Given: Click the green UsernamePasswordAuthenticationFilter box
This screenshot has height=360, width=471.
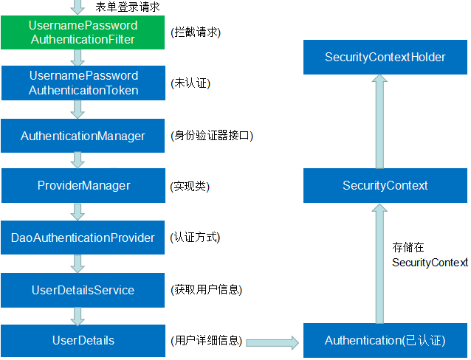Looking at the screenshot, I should pyautogui.click(x=83, y=32).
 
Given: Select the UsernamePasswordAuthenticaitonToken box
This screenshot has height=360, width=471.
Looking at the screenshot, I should pyautogui.click(x=83, y=83).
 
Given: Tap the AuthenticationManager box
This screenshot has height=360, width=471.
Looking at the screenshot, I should pyautogui.click(x=83, y=136).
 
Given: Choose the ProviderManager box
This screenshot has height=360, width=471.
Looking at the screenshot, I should pyautogui.click(x=83, y=185).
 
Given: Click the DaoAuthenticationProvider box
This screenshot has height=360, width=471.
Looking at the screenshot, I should pyautogui.click(x=83, y=238).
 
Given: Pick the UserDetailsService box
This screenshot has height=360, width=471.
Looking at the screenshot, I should pyautogui.click(x=83, y=290).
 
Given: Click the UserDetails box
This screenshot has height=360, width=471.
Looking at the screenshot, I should pyautogui.click(x=83, y=340).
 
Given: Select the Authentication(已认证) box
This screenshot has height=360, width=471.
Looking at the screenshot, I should pyautogui.click(x=385, y=340).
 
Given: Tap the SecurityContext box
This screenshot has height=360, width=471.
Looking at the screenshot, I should pyautogui.click(x=385, y=185).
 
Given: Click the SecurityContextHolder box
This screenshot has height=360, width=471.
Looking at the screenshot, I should pyautogui.click(x=385, y=57).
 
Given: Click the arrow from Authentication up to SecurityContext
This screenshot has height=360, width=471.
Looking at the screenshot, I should pyautogui.click(x=379, y=263).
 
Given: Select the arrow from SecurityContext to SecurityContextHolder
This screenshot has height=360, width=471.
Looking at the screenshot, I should pyautogui.click(x=379, y=121).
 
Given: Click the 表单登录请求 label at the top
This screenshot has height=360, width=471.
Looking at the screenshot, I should pyautogui.click(x=128, y=7).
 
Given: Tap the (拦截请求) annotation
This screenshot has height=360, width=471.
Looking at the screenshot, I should pyautogui.click(x=195, y=32).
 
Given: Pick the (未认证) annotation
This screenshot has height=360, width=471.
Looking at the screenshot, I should pyautogui.click(x=190, y=83).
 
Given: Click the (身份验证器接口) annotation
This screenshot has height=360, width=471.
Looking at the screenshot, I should pyautogui.click(x=211, y=136).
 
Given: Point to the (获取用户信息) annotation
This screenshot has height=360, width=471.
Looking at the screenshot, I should pyautogui.click(x=206, y=290).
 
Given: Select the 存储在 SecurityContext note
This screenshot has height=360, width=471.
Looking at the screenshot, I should pyautogui.click(x=429, y=255).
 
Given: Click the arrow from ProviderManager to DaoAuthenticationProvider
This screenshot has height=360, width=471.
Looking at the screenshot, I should pyautogui.click(x=76, y=212).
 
